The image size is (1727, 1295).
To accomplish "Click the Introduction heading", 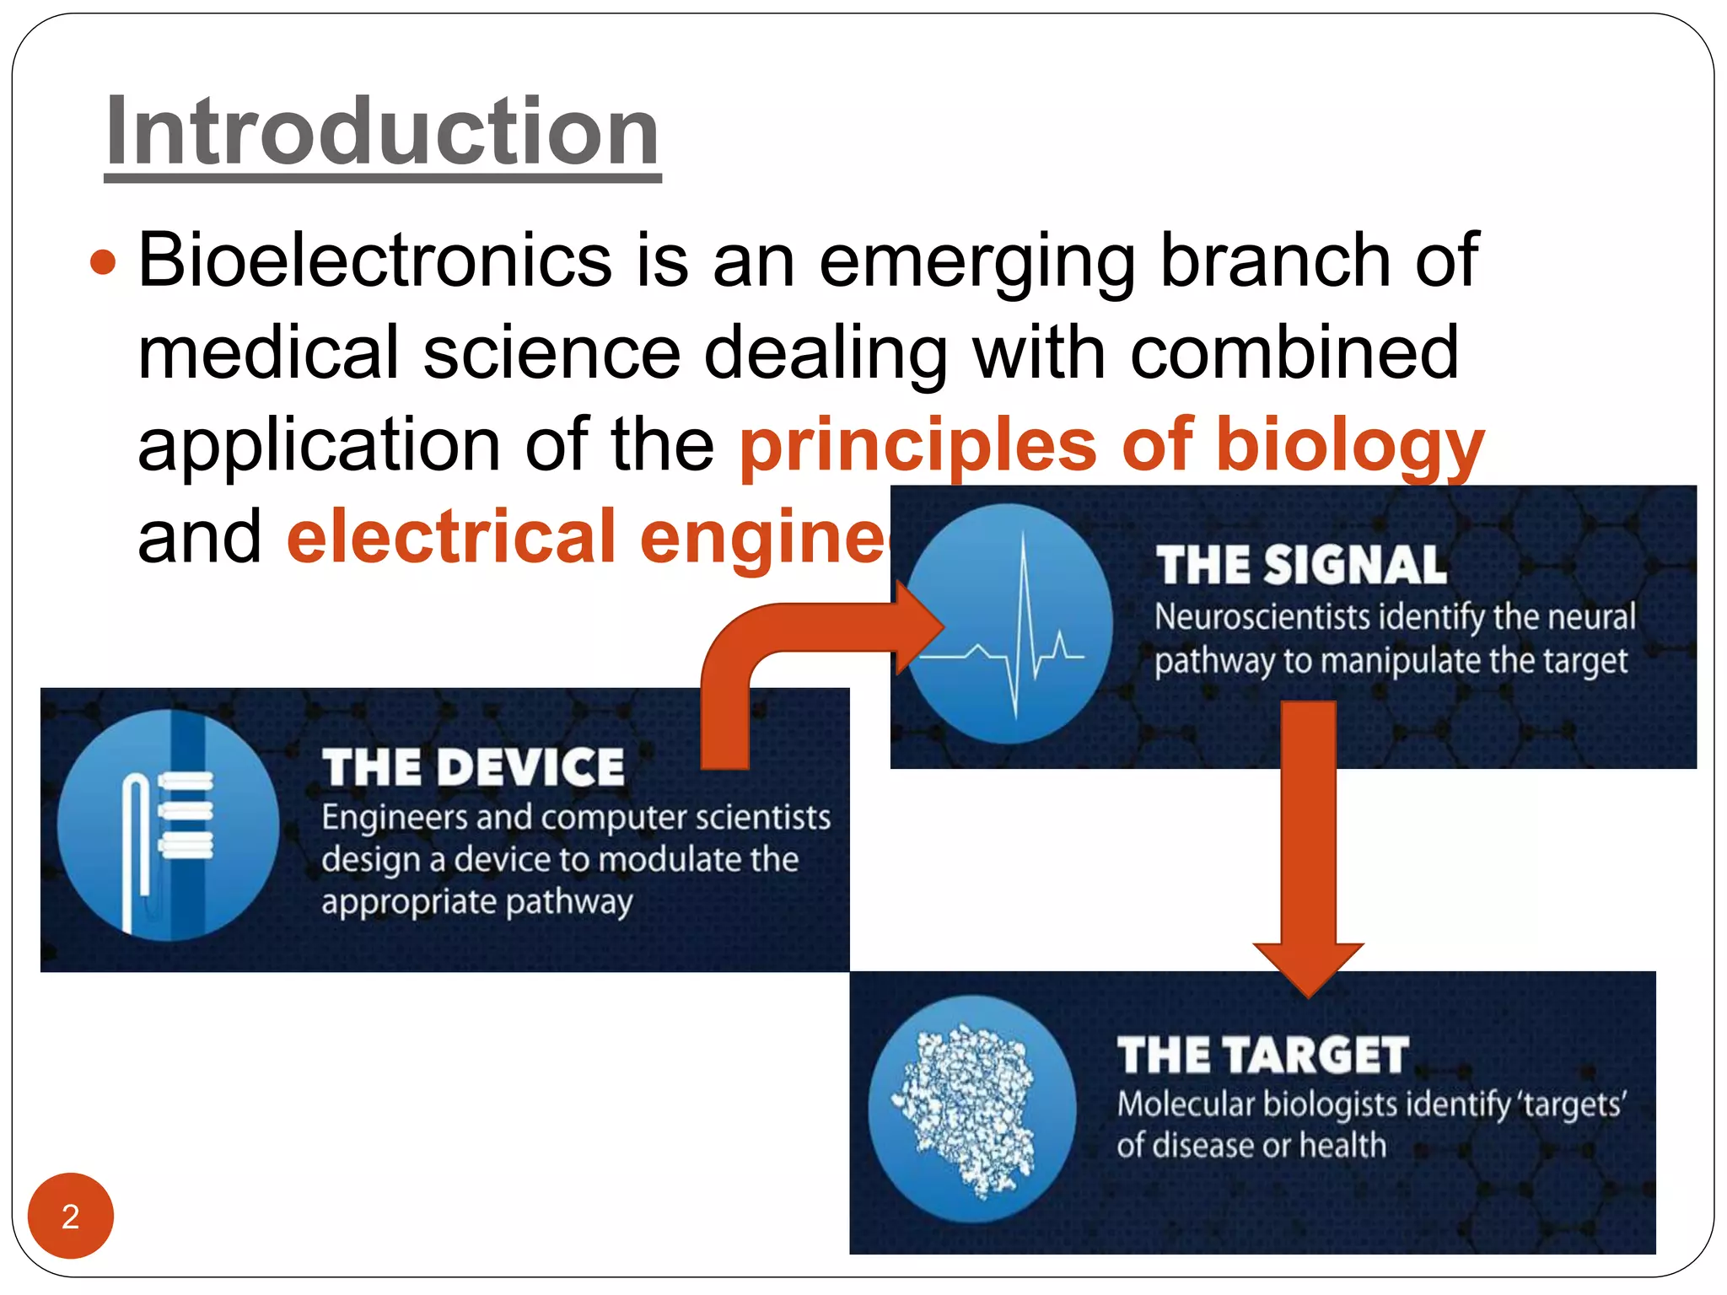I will (x=382, y=133).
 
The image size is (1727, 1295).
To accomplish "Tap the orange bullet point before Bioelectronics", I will (x=102, y=261).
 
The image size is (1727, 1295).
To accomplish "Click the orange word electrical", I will (x=451, y=538).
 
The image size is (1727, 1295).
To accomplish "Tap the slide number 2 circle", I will (x=71, y=1216).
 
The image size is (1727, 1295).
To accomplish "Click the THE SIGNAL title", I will (x=1300, y=565).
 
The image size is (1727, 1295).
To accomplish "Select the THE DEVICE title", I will (x=473, y=767).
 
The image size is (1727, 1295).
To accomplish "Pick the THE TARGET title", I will (x=1262, y=1056).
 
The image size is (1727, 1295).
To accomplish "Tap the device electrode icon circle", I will (x=168, y=825).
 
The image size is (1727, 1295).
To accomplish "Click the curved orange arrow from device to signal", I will (x=759, y=658).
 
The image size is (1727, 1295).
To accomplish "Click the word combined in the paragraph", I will (x=1294, y=353).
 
